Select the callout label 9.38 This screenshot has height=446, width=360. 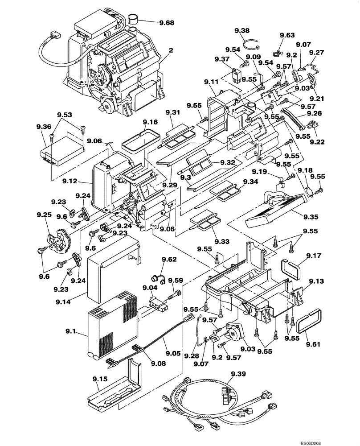242,30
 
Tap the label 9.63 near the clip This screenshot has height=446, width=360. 287,35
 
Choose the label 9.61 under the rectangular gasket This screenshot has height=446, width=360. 314,344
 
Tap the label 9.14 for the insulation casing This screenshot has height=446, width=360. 64,302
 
